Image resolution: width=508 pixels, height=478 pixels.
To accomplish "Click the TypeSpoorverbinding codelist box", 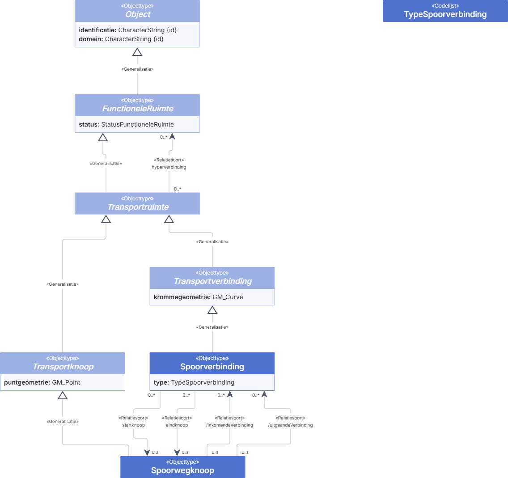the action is pyautogui.click(x=445, y=11).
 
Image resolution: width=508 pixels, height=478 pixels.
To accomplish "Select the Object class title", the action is pyautogui.click(x=138, y=14).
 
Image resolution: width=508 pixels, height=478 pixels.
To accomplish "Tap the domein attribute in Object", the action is pyautogui.click(x=121, y=39).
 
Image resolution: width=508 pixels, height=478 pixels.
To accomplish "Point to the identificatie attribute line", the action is pyautogui.click(x=127, y=30).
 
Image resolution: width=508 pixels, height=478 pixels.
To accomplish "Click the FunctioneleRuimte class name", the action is pyautogui.click(x=138, y=109).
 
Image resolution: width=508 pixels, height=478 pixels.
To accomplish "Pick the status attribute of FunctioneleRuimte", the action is pyautogui.click(x=127, y=124).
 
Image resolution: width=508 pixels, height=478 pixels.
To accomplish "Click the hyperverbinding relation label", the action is pyautogui.click(x=169, y=167).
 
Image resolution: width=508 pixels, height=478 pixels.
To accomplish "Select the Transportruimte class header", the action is pyautogui.click(x=137, y=203).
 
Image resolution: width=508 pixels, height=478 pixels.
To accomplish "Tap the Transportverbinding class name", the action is pyautogui.click(x=212, y=281).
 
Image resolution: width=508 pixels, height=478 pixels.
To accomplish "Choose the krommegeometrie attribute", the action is pyautogui.click(x=198, y=297).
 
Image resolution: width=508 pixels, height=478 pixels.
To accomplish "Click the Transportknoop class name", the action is pyautogui.click(x=63, y=367).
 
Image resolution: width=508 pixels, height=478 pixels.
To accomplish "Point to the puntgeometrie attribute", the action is pyautogui.click(x=42, y=382).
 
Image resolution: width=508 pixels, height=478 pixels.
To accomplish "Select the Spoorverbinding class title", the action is pyautogui.click(x=212, y=367).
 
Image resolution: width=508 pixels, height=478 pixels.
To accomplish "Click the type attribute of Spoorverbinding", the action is pyautogui.click(x=194, y=382).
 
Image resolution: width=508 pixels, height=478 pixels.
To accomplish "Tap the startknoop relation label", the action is pyautogui.click(x=133, y=425).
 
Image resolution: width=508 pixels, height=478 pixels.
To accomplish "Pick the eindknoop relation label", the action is pyautogui.click(x=177, y=425).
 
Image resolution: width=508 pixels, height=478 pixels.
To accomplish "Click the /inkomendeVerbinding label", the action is pyautogui.click(x=229, y=425).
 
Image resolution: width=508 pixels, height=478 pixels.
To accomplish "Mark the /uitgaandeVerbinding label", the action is pyautogui.click(x=290, y=425).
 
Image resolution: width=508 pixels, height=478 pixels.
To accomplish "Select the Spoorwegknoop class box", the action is pyautogui.click(x=182, y=467).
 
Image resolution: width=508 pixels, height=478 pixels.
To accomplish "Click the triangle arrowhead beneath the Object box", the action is pyautogui.click(x=137, y=52).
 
